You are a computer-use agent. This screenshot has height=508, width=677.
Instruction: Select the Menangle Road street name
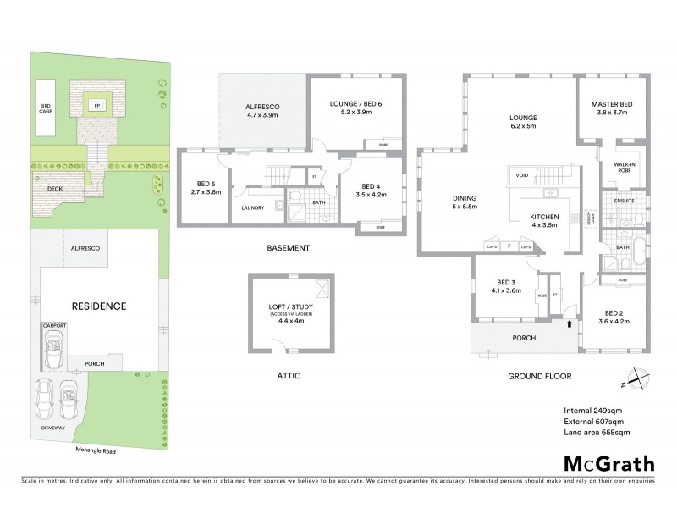coord(95,451)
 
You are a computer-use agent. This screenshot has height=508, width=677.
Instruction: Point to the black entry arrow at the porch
coord(569,323)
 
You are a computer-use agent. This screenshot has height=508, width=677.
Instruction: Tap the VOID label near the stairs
coord(521,175)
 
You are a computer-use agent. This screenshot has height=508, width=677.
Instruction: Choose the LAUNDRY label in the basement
coord(253,207)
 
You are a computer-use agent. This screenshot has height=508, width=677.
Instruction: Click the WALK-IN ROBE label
coord(625,168)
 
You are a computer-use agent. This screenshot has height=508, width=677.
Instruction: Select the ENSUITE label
coord(625,201)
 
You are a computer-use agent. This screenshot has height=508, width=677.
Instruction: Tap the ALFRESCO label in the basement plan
coord(262,106)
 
